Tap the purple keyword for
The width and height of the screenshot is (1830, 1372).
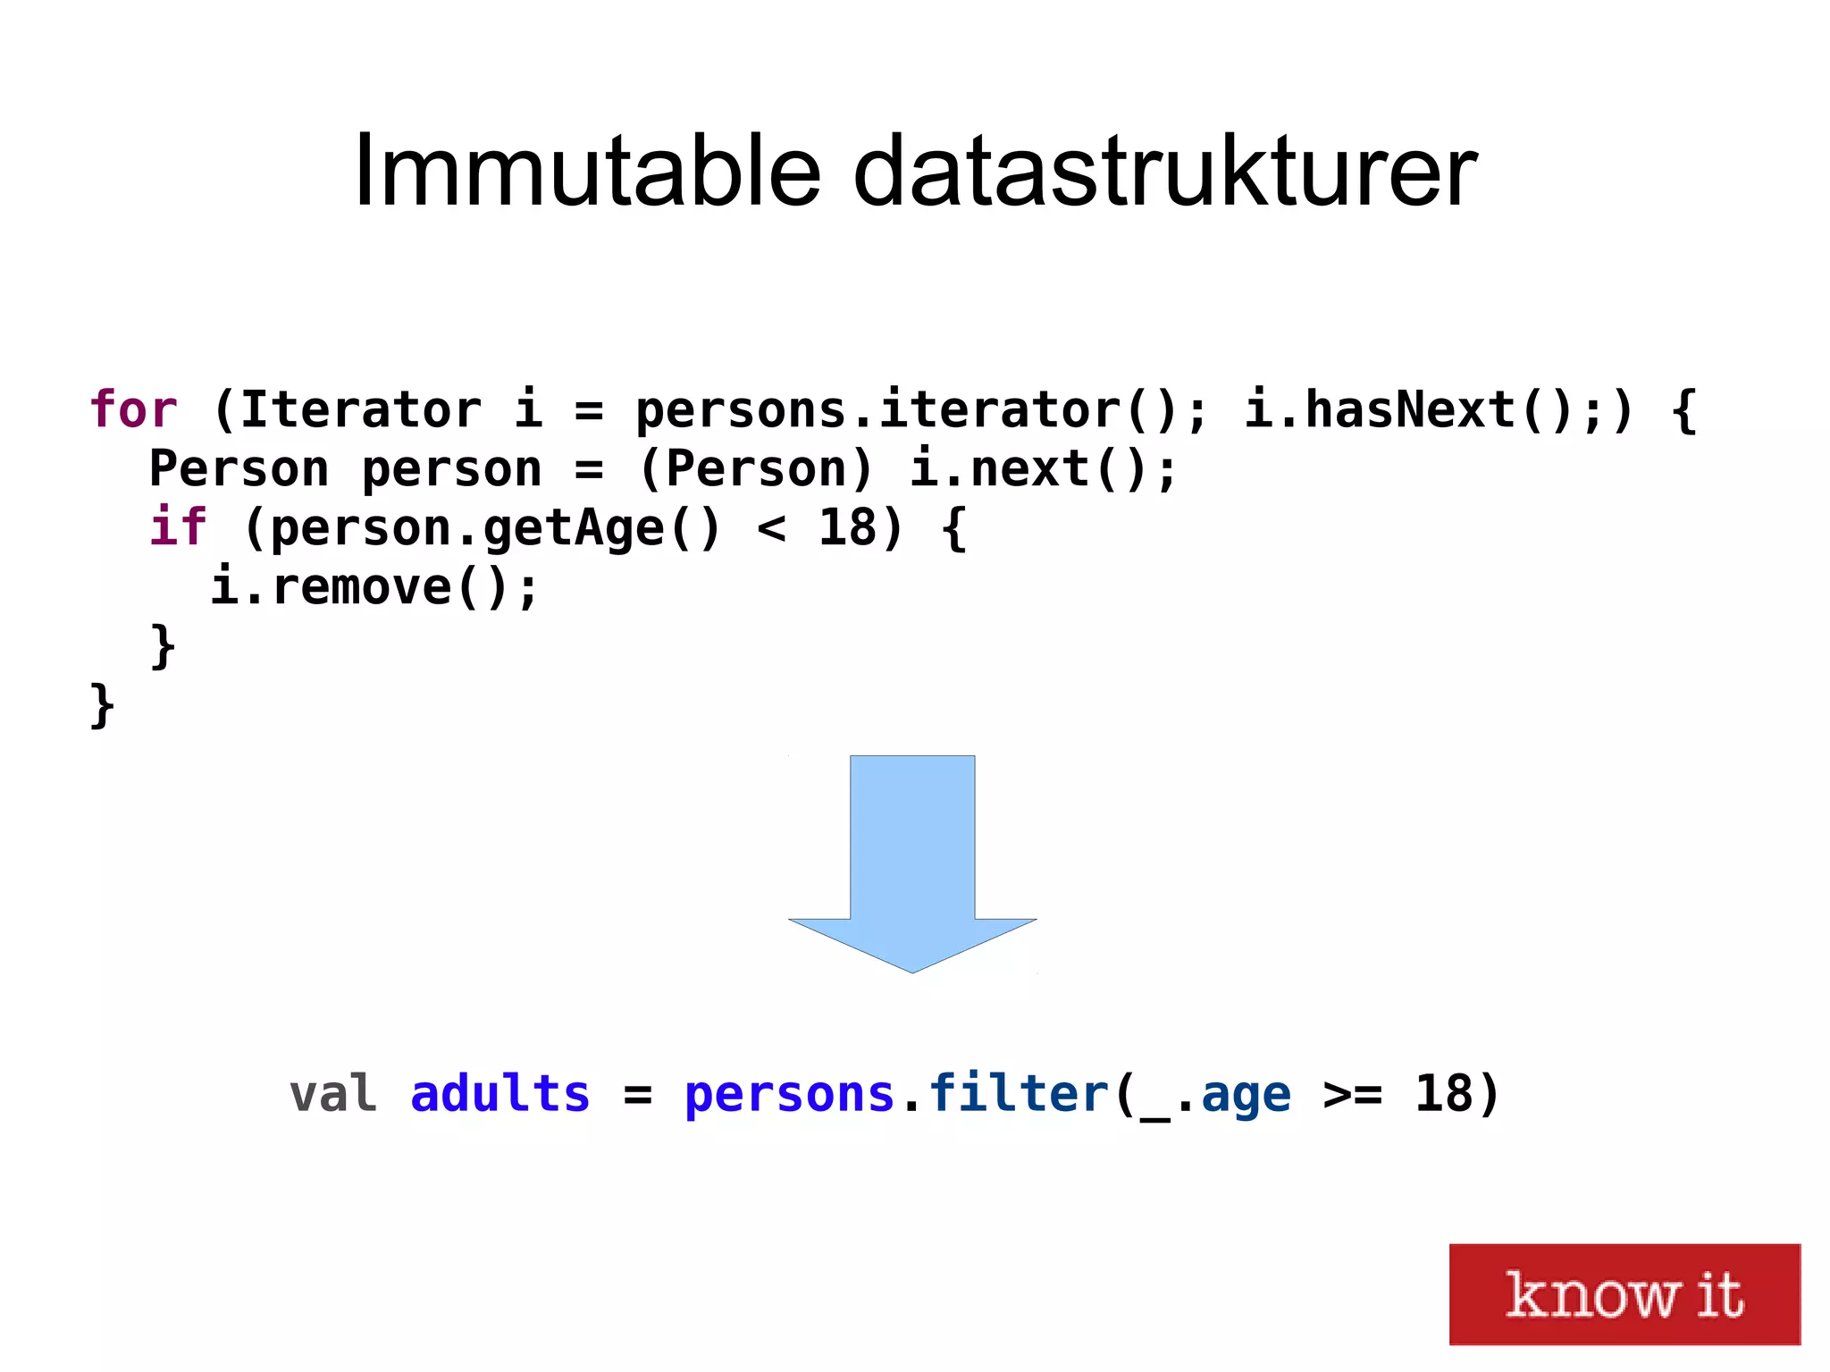click(133, 410)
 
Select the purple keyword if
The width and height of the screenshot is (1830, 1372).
click(178, 526)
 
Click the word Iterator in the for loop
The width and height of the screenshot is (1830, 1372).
click(360, 410)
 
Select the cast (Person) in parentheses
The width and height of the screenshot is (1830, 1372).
click(756, 469)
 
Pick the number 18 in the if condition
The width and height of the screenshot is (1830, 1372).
click(847, 527)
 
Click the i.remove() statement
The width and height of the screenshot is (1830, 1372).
click(374, 587)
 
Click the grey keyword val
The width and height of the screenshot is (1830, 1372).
click(332, 1094)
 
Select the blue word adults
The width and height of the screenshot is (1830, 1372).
click(500, 1094)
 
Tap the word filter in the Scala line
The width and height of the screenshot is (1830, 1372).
click(1019, 1094)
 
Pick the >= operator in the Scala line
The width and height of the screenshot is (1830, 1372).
click(1352, 1094)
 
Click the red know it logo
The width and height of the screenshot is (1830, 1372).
click(1624, 1293)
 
